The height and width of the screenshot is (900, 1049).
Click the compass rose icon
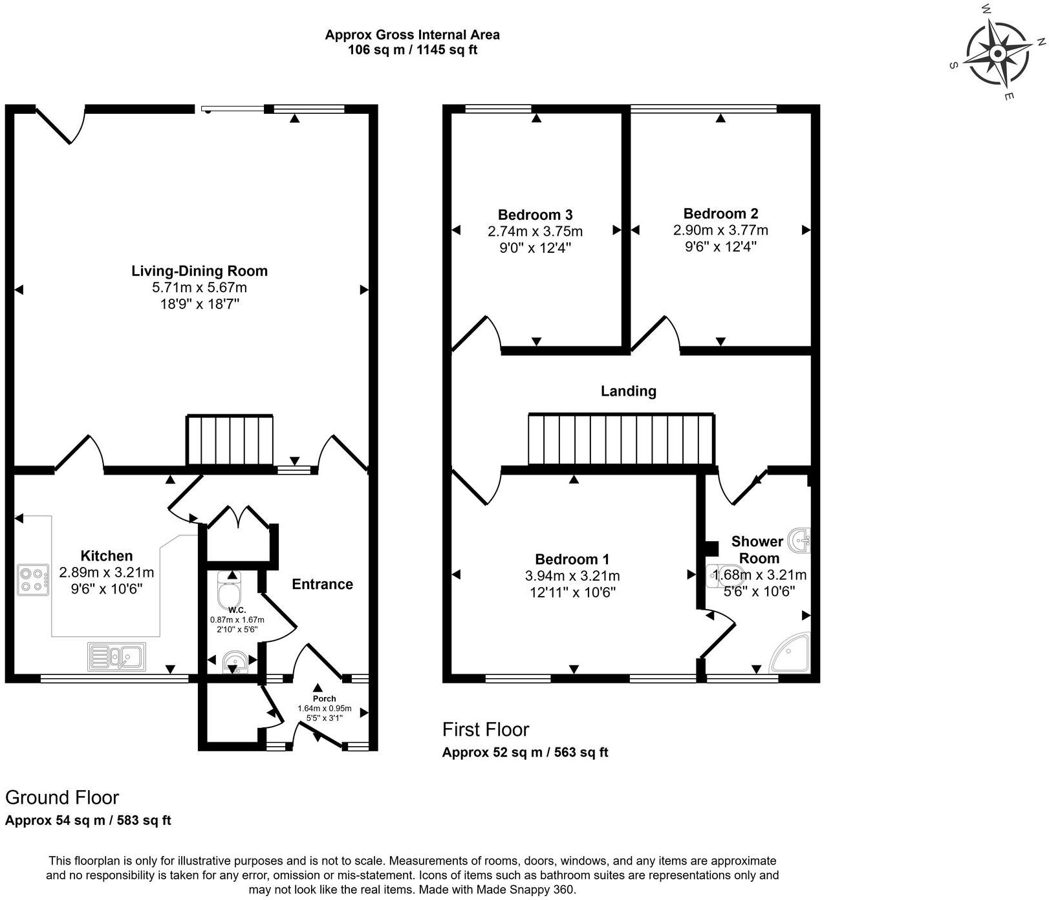998,53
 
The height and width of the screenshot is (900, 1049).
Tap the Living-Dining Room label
199,271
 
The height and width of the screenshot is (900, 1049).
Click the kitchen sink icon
117,656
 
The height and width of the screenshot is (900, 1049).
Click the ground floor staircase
230,440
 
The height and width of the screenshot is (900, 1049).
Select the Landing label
628,391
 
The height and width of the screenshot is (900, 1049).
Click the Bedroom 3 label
535,215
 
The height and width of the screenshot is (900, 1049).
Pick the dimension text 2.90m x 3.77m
720,230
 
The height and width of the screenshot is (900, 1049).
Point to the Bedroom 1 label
572,559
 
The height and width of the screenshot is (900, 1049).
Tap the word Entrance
322,584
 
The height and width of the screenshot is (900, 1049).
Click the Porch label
324,698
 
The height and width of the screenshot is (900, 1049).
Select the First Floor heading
485,729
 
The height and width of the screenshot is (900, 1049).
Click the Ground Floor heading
62,797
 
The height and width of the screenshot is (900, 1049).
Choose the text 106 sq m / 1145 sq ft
412,50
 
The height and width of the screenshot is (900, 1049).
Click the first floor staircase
621,439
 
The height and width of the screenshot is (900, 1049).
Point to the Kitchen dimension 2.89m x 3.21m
106,572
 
